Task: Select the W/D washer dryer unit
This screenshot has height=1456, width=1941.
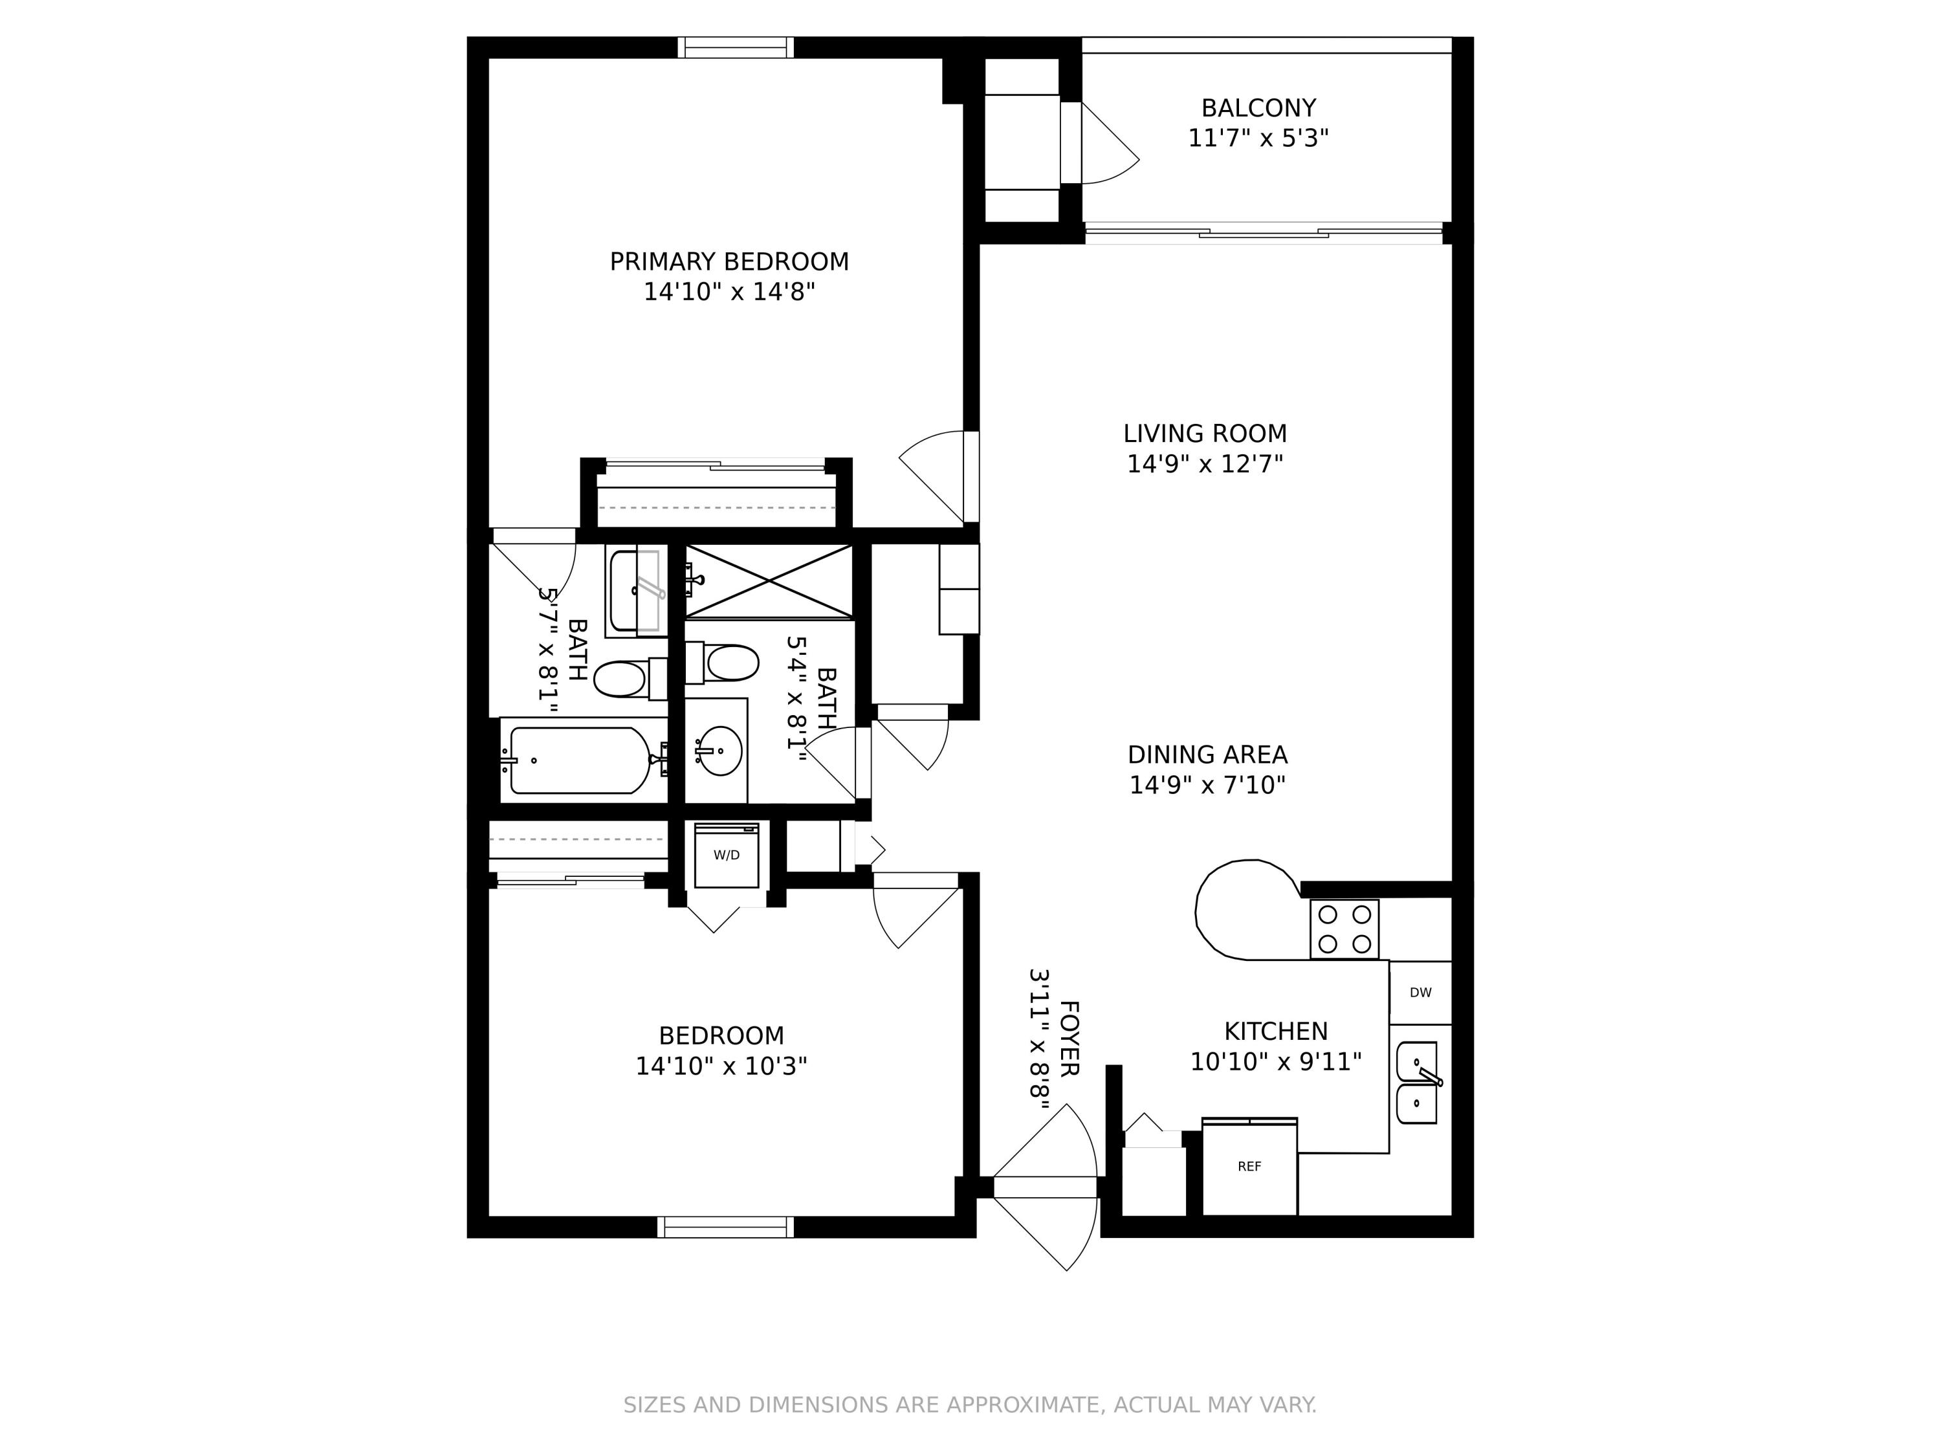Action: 726,855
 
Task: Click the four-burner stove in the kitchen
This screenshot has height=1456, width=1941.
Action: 1344,929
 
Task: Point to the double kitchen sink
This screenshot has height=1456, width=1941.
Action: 1417,1083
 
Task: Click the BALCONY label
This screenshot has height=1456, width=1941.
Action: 1258,108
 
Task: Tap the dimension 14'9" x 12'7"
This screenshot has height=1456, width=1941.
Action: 1205,463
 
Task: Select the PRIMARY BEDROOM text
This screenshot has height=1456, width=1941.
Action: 729,261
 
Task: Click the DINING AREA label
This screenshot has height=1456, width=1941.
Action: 1207,755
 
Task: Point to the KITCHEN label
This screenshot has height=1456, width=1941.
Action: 1275,1031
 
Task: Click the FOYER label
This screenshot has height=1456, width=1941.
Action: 1069,1038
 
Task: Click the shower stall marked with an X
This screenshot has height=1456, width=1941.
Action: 769,581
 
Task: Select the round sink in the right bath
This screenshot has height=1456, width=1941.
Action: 719,751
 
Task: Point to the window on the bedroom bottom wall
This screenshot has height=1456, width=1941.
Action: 726,1226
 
